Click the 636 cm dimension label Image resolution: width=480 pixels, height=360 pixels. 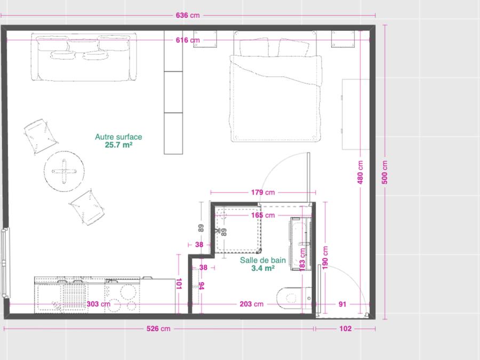[x=187, y=15]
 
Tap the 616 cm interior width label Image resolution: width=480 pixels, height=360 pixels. [x=187, y=40]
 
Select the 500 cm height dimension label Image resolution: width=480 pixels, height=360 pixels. [x=385, y=172]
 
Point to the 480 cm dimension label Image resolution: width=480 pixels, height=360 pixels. [x=360, y=172]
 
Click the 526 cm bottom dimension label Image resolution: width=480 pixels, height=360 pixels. [x=158, y=329]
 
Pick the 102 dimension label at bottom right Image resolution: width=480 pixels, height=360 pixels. [x=345, y=329]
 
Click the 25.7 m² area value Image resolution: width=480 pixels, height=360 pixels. [x=118, y=145]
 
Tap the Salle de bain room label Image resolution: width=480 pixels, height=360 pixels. [x=262, y=260]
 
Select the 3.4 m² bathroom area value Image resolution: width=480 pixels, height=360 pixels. [x=262, y=268]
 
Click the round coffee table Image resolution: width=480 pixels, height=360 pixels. [x=64, y=171]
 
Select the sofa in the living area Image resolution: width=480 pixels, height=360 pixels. [x=84, y=57]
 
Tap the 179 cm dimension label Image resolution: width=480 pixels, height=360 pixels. [x=263, y=193]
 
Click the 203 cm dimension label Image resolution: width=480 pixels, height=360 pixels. [x=251, y=305]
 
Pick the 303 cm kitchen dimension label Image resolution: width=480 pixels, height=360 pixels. [x=98, y=305]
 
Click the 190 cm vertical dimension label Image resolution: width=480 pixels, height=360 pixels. [x=325, y=258]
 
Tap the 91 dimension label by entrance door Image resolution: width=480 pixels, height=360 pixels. [x=342, y=305]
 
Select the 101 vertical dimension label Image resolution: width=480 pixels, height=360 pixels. [x=179, y=284]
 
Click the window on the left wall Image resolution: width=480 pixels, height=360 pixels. [x=5, y=262]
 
